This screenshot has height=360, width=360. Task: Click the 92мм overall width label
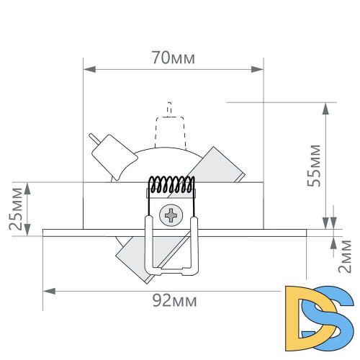click(174, 300)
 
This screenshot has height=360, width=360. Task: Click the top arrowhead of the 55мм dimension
click(328, 107)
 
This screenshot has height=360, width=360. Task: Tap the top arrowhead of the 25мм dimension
click(28, 186)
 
